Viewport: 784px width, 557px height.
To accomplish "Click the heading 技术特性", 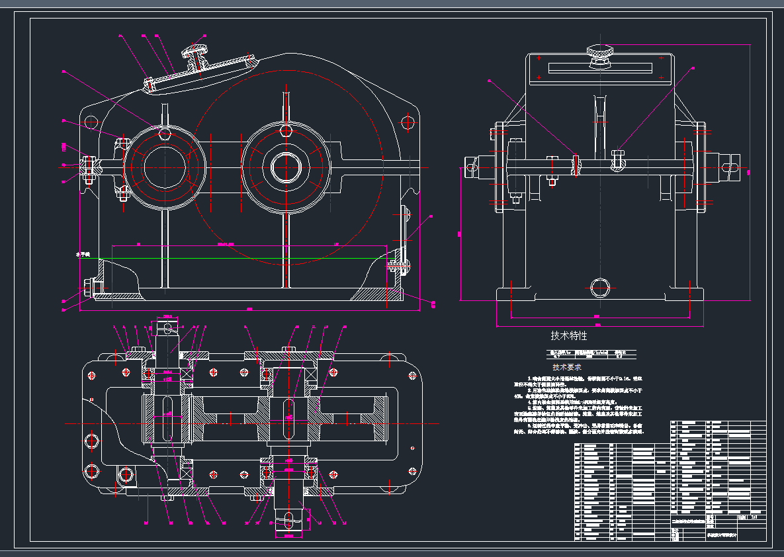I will coord(569,336).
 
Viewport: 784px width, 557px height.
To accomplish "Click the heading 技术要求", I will coord(568,366).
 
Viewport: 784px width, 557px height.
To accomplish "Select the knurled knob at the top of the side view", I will coord(599,52).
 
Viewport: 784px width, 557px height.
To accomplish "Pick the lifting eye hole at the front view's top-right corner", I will coord(408,122).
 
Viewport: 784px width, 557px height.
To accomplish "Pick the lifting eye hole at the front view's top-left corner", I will coord(89,122).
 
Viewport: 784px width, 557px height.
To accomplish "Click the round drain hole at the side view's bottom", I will coord(599,288).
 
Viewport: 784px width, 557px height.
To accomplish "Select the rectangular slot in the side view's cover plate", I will coord(599,67).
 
